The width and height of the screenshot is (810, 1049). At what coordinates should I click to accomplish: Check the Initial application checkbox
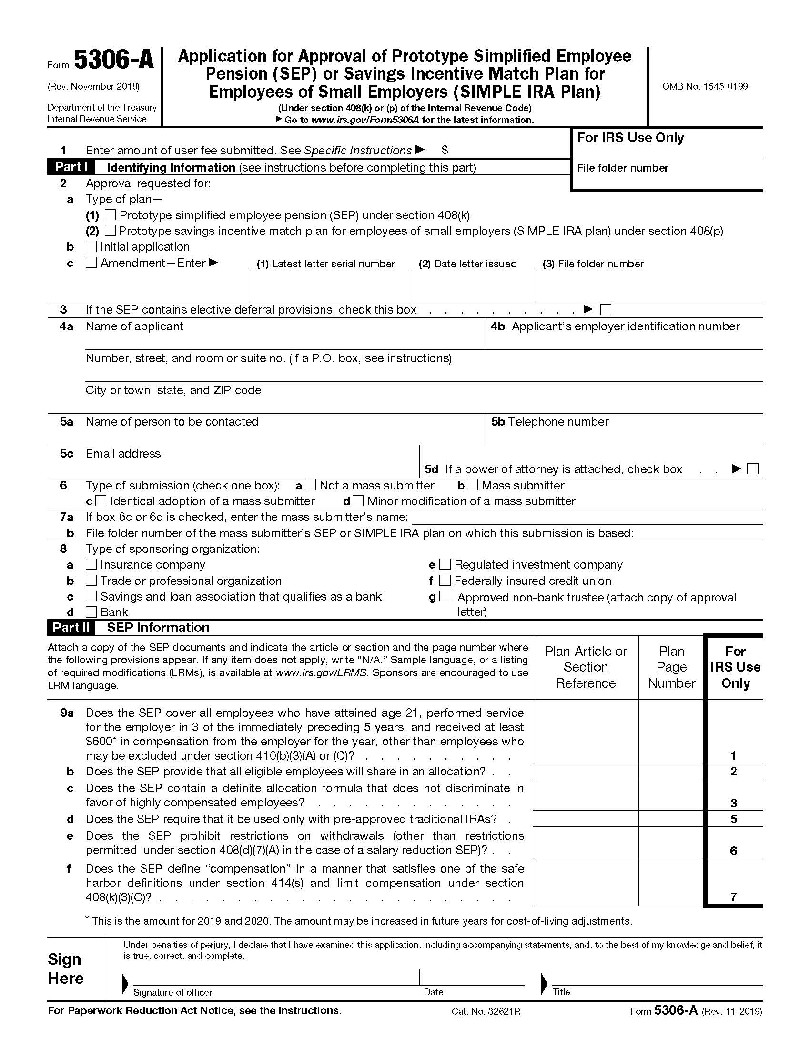click(91, 246)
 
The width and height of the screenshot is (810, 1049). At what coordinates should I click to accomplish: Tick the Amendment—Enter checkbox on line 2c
click(91, 262)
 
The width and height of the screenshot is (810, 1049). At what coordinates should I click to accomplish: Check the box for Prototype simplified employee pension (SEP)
click(110, 214)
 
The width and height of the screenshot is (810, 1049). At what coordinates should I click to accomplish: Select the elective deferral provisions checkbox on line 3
click(606, 309)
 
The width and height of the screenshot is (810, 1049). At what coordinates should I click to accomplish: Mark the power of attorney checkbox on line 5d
click(753, 469)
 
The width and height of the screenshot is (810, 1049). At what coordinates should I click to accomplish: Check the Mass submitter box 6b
click(473, 485)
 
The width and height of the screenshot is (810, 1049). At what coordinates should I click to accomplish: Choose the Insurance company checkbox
click(91, 564)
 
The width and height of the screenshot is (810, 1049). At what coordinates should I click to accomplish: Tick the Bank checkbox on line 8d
click(91, 612)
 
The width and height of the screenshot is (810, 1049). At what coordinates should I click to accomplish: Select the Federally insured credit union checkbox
click(445, 580)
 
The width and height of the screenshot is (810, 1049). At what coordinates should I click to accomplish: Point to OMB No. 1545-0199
click(704, 86)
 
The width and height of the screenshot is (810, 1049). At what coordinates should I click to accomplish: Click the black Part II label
click(71, 627)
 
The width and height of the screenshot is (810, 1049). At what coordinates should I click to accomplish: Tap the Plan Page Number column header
click(671, 667)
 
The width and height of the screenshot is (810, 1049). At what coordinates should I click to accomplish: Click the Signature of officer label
click(172, 992)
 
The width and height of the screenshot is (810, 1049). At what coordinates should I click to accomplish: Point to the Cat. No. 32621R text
click(486, 1011)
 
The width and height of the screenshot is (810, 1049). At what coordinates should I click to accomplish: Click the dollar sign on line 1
click(445, 150)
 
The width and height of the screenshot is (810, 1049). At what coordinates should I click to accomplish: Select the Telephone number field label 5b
click(550, 422)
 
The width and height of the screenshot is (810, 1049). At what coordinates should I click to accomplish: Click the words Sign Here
click(66, 969)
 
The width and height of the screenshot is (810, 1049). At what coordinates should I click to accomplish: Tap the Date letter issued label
click(468, 264)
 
